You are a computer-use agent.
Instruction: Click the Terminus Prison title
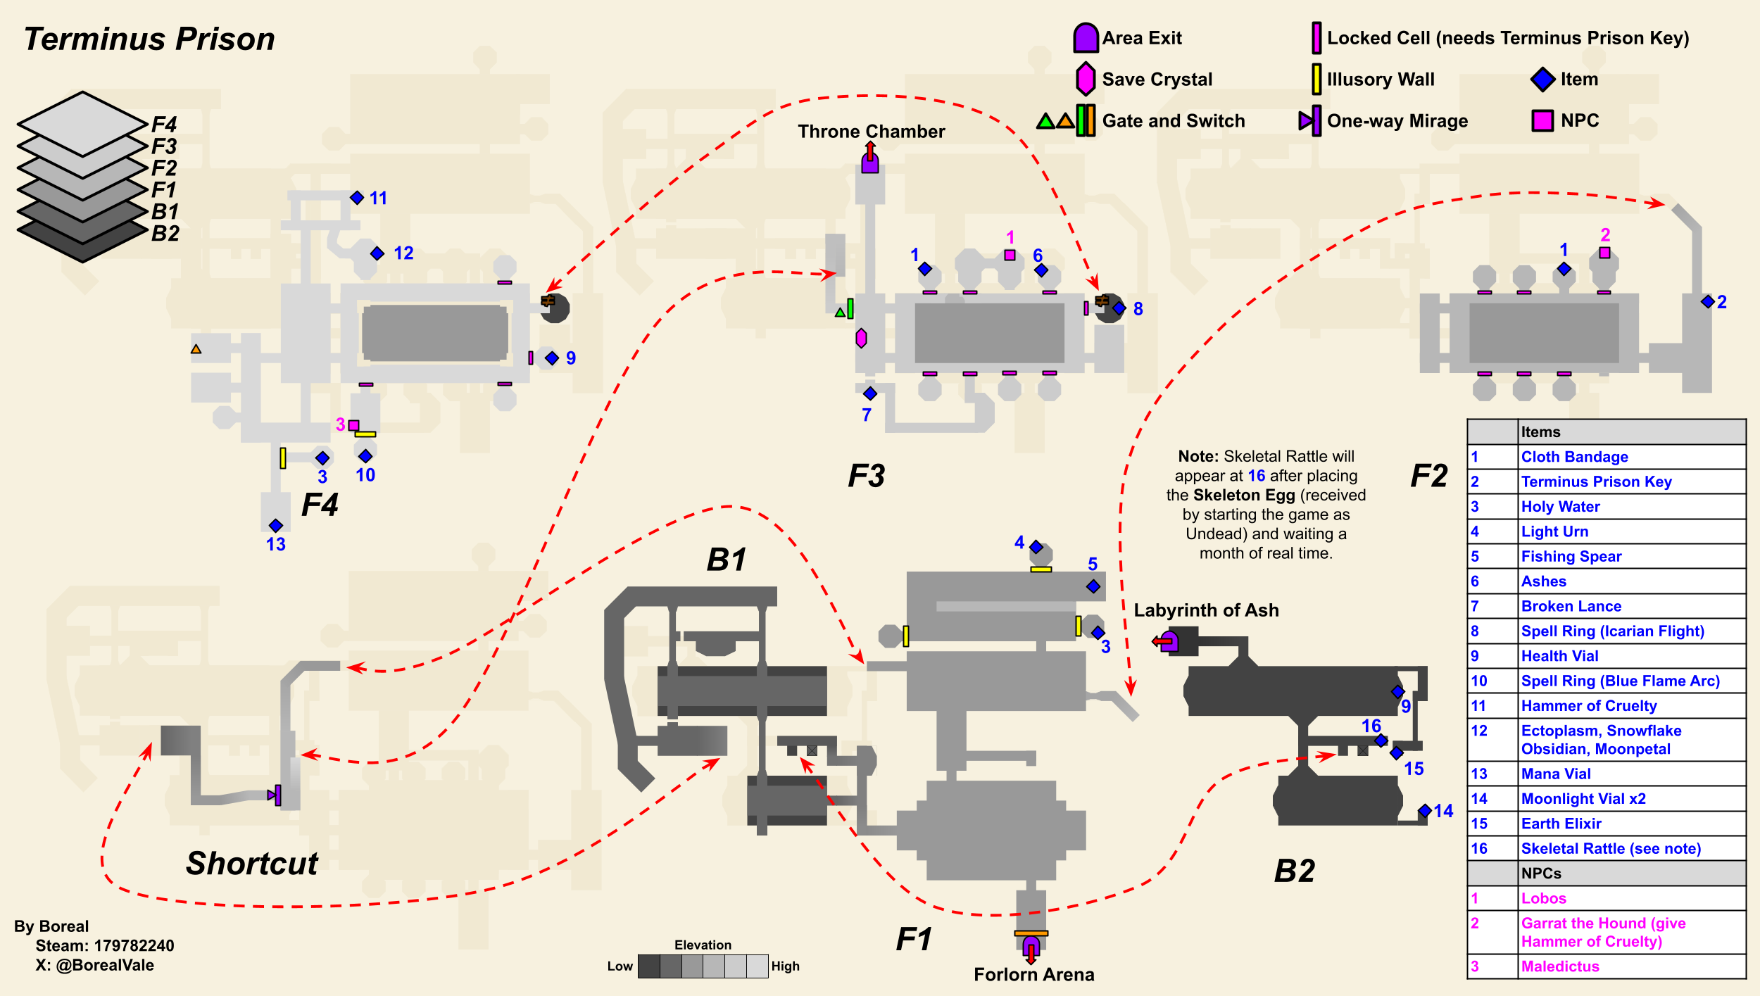pyautogui.click(x=149, y=39)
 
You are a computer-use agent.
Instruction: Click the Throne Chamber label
pyautogui.click(x=871, y=132)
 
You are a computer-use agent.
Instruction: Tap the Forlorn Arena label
pyautogui.click(x=1033, y=974)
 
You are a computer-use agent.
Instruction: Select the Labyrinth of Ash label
pyautogui.click(x=1206, y=610)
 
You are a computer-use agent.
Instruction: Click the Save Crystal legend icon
pyautogui.click(x=1086, y=79)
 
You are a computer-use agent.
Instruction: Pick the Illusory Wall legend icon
pyautogui.click(x=1316, y=79)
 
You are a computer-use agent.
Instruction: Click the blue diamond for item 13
pyautogui.click(x=276, y=526)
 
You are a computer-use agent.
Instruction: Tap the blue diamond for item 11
pyautogui.click(x=357, y=198)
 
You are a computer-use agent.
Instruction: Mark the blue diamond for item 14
pyautogui.click(x=1425, y=811)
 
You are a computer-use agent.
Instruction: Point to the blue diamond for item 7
pyautogui.click(x=870, y=393)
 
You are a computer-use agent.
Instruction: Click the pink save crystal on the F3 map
pyautogui.click(x=861, y=339)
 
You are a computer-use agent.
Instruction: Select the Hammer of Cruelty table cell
pyautogui.click(x=1589, y=706)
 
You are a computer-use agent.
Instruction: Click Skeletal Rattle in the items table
pyautogui.click(x=1611, y=849)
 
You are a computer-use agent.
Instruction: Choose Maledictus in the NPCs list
pyautogui.click(x=1560, y=966)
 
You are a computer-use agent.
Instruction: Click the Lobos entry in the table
pyautogui.click(x=1544, y=899)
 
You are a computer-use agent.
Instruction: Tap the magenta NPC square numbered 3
pyautogui.click(x=354, y=425)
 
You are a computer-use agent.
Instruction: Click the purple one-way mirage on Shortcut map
pyautogui.click(x=276, y=795)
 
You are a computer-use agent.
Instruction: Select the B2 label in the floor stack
pyautogui.click(x=165, y=234)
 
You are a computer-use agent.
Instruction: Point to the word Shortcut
pyautogui.click(x=252, y=864)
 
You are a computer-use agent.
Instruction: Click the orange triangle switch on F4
pyautogui.click(x=196, y=349)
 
